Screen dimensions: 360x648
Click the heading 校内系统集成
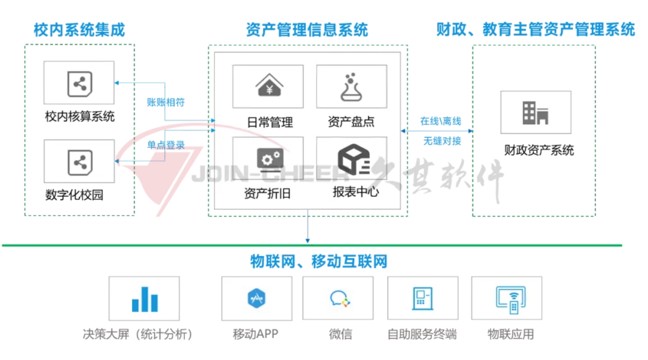coord(79,30)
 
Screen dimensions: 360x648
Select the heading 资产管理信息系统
coord(307,30)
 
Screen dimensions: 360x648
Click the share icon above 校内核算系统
coord(80,84)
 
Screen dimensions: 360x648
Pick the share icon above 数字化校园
coord(80,162)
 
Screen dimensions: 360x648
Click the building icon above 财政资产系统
coord(536,112)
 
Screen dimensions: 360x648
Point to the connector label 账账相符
coord(166,102)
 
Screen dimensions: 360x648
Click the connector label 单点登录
coord(166,145)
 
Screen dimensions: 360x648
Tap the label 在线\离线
coord(440,122)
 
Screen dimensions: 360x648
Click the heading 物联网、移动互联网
coord(319,262)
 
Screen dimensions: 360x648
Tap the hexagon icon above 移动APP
coord(256,298)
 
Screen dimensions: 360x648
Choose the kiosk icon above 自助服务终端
coord(422,298)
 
